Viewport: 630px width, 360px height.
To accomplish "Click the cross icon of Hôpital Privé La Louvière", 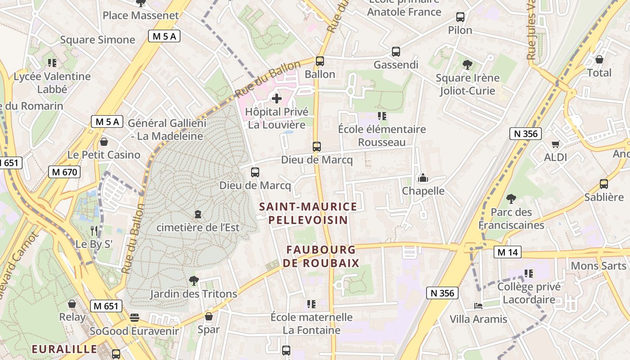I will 277,98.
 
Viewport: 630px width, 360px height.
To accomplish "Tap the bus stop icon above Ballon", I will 320,61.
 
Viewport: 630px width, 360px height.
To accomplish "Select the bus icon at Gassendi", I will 396,51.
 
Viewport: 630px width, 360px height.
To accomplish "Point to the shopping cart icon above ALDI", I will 555,144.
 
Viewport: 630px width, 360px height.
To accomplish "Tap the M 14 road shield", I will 507,252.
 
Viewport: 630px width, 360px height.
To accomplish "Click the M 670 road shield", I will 64,172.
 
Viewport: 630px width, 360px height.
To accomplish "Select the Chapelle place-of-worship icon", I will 423,178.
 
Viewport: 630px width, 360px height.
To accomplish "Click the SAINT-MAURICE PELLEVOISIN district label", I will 308,213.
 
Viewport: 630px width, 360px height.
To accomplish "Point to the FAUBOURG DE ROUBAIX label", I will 321,256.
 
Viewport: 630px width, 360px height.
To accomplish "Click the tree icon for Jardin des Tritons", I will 193,281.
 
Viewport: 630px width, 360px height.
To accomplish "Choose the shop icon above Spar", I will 208,316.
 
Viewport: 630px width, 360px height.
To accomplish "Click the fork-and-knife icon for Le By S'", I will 94,231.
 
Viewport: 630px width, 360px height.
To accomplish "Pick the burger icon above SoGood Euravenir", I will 134,318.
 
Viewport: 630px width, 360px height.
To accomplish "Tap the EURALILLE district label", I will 64,349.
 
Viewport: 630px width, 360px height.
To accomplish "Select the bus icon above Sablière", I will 604,184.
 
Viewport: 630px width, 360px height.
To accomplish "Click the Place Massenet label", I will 140,15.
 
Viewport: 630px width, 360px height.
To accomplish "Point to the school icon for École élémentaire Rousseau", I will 382,116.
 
